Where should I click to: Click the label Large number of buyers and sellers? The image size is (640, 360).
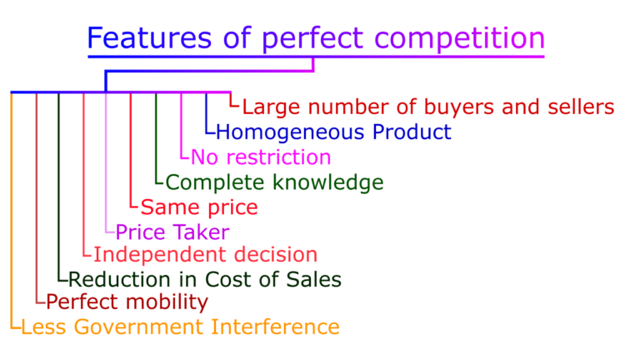428,107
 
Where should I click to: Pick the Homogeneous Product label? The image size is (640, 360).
333,132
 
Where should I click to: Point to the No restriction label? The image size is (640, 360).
261,157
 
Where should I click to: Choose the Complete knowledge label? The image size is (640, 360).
275,182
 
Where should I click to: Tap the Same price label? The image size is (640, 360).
199,207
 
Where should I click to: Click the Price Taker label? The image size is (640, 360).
172,232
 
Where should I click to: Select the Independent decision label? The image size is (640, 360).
206,254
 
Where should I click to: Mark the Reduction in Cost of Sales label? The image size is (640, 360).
205,279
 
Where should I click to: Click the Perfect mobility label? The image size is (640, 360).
127,302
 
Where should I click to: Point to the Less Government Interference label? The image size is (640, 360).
180,327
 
